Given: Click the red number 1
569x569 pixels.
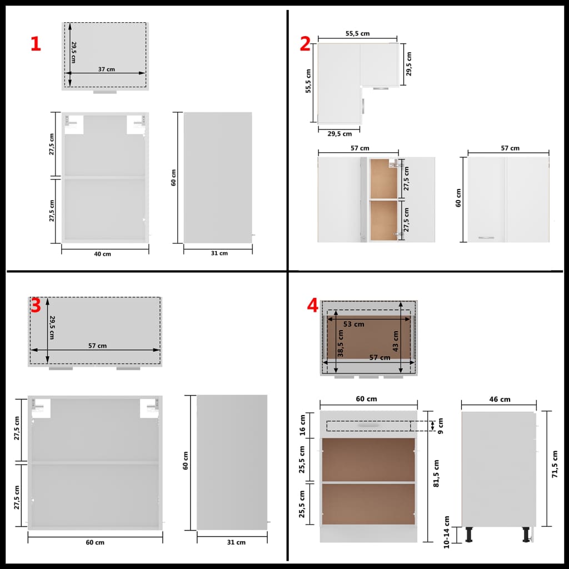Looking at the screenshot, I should point(36,44).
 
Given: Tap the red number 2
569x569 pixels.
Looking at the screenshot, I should point(305,44).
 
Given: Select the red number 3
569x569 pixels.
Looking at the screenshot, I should point(36,305).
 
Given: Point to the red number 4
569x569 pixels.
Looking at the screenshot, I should point(313,305).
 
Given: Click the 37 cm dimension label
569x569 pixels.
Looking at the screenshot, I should point(107,69).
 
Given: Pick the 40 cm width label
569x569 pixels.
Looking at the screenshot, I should point(102,254).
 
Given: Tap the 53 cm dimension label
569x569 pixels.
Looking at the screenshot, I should point(353,324).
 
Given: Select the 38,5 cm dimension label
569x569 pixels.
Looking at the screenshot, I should point(341,343).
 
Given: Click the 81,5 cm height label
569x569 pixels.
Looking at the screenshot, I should point(437,473).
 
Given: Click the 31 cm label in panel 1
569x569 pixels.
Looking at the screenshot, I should point(219,253).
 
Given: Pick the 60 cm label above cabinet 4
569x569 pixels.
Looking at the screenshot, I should point(367,399).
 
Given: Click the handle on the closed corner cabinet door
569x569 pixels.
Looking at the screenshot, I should point(486,238).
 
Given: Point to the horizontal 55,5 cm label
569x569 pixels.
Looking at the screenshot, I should point(357,33).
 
